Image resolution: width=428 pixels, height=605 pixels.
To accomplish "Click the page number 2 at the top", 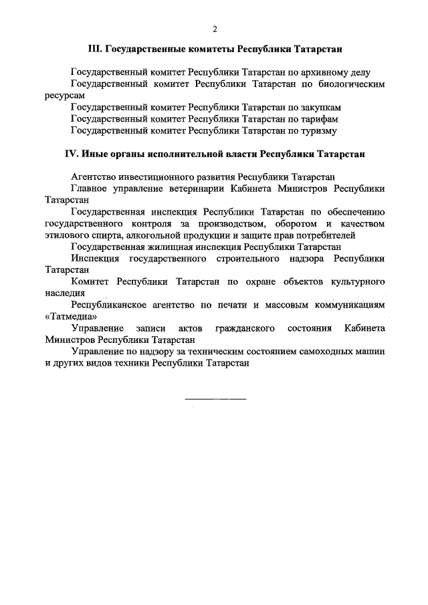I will (x=214, y=29).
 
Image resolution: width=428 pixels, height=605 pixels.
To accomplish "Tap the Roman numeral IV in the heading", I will (x=72, y=153).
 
